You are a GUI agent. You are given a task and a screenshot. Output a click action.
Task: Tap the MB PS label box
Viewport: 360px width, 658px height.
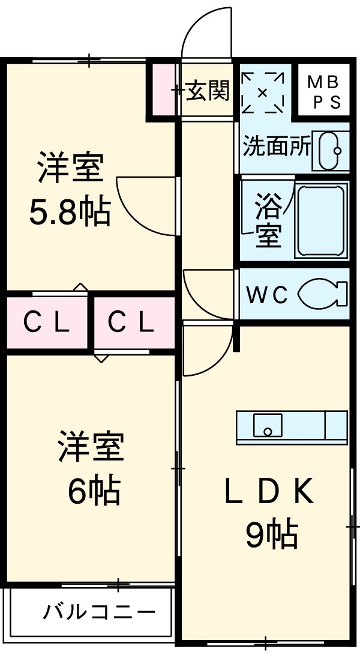click(324, 92)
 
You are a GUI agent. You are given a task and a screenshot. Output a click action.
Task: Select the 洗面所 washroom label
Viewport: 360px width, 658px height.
click(277, 147)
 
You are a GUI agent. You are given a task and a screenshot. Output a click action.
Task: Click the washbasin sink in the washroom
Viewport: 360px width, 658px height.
click(332, 150)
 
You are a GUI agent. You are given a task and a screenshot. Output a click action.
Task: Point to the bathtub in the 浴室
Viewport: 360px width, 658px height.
click(323, 220)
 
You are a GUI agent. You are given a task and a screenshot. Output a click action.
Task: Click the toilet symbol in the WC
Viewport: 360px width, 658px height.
click(322, 294)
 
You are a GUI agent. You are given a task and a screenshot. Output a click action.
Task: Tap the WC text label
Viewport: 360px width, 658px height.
click(268, 295)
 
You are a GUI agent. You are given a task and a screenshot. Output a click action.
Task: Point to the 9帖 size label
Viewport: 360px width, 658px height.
click(271, 533)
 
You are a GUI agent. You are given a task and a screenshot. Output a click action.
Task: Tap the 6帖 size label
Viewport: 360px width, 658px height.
click(93, 491)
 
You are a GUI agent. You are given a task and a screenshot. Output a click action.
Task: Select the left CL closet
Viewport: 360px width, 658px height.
click(46, 323)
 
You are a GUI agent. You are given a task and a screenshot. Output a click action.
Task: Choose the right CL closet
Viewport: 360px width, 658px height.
click(131, 323)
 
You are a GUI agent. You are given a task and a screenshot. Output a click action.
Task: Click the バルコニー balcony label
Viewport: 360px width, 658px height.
click(99, 612)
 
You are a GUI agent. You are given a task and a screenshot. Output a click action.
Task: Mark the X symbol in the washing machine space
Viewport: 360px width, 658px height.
click(262, 92)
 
